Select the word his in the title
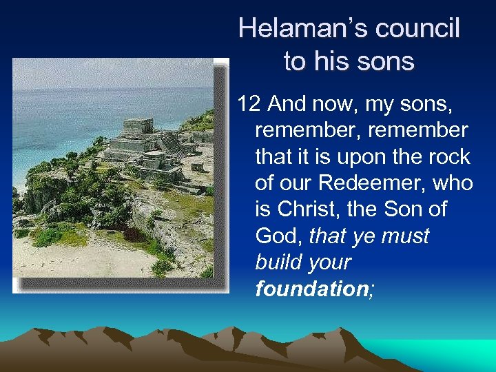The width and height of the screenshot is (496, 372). pyautogui.click(x=328, y=61)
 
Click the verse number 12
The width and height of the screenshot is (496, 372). pyautogui.click(x=249, y=104)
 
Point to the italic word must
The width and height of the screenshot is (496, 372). pyautogui.click(x=405, y=236)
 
